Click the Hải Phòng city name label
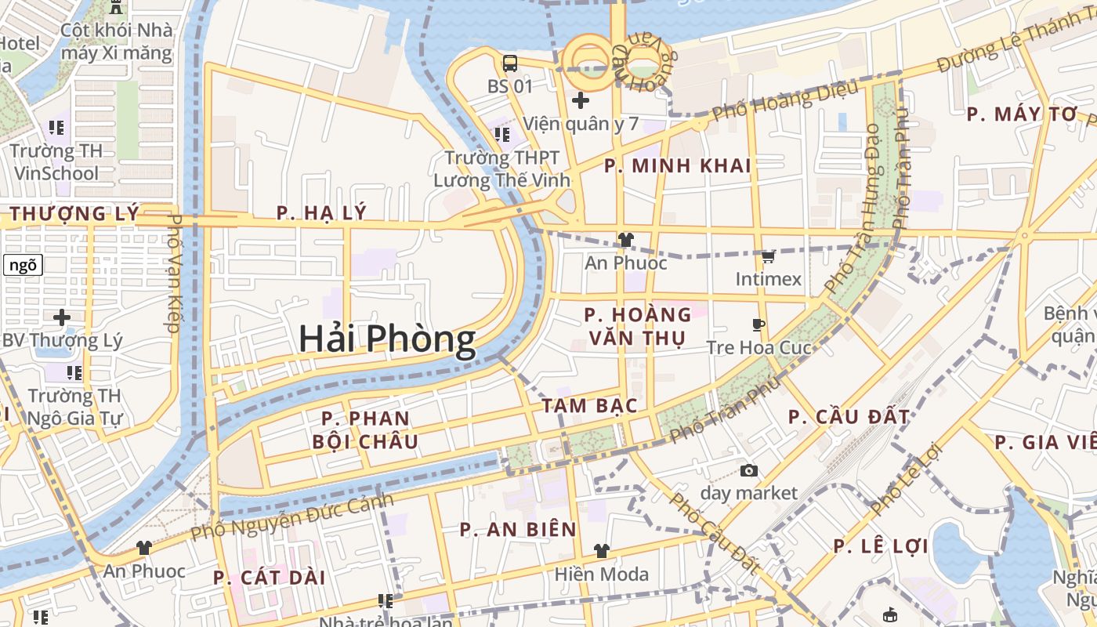point(387,339)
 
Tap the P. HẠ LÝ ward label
point(321,212)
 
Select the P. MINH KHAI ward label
point(678,165)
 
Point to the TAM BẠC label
point(588,405)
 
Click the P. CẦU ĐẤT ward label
point(849,417)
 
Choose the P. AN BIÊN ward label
point(519,530)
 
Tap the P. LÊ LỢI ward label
point(882,546)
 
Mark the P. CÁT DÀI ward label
point(269,578)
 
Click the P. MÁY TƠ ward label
point(1022,114)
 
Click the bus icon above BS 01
point(510,63)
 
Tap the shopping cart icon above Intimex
point(768,257)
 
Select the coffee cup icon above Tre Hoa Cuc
point(758,324)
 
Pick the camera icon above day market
point(749,470)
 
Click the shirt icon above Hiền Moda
point(601,551)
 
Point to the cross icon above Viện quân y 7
point(581,100)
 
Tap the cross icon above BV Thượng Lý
point(62,317)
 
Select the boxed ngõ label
point(23,265)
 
